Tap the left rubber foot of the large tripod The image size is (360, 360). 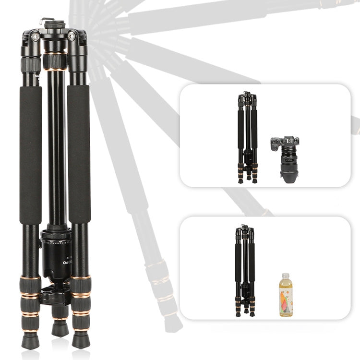click(30, 340)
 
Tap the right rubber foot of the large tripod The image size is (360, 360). click(81, 339)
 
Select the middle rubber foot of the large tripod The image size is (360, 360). click(60, 329)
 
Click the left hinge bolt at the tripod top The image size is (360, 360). click(35, 36)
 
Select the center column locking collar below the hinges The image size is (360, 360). click(55, 61)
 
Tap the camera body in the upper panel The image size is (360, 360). click(285, 144)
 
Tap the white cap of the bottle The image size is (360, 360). click(286, 276)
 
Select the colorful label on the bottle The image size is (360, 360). click(286, 300)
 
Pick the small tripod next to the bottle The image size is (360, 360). click(245, 271)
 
